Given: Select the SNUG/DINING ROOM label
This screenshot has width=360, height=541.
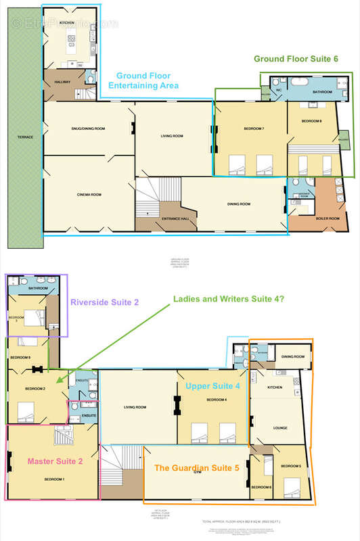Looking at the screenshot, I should click(x=86, y=128).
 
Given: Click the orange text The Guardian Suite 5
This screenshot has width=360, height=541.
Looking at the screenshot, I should click(x=196, y=467).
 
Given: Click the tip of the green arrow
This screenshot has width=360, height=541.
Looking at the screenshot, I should click(x=58, y=383).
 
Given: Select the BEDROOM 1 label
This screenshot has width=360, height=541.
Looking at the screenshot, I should click(x=55, y=479).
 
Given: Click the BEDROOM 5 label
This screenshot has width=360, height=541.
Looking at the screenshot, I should click(x=291, y=466).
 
